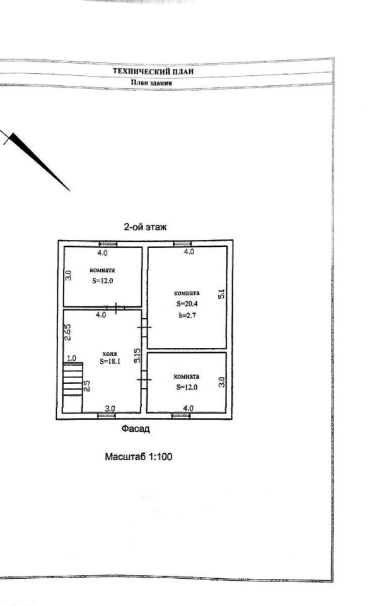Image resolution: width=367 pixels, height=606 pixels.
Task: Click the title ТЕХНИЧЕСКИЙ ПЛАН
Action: (x=153, y=71)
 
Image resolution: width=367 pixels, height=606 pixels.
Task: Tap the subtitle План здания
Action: (x=151, y=82)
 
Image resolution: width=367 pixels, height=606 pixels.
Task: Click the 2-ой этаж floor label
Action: (x=145, y=227)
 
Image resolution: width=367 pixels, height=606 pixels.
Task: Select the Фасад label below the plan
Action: (x=136, y=429)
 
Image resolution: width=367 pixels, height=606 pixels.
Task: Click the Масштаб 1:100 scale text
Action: (x=139, y=457)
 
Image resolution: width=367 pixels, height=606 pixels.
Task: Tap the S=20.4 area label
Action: (x=187, y=304)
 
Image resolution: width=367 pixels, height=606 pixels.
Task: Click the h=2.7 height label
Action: (x=187, y=316)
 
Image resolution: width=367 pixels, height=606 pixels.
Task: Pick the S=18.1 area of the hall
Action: (x=110, y=362)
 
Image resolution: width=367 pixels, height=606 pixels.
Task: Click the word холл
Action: (x=110, y=354)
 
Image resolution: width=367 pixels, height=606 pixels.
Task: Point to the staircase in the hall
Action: (x=73, y=387)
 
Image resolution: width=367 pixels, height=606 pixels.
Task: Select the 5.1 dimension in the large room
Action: (x=221, y=294)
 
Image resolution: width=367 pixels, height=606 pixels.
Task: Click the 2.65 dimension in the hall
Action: (x=68, y=331)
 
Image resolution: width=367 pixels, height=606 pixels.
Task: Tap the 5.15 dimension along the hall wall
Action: (x=137, y=356)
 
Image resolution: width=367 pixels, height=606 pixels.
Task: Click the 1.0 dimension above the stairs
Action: (x=71, y=359)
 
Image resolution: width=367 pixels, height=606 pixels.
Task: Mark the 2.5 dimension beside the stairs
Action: (x=88, y=386)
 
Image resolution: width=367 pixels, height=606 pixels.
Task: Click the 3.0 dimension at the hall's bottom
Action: (x=110, y=408)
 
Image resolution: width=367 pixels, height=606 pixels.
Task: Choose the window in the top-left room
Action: (x=108, y=244)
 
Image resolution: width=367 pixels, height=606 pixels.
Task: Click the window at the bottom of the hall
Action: (x=106, y=415)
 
